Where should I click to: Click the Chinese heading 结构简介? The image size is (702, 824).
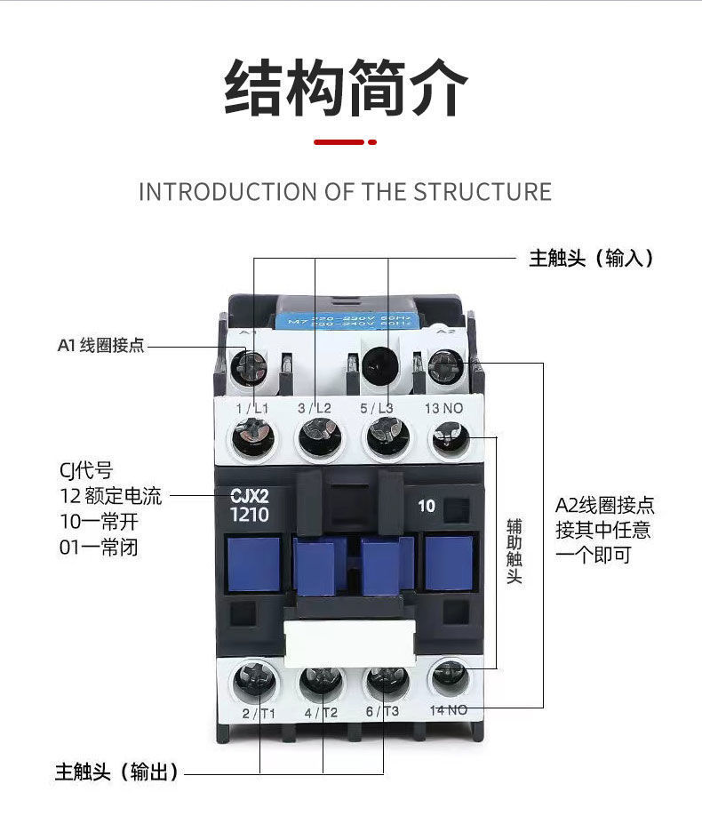[346, 88]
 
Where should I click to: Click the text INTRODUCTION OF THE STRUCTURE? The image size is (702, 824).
[345, 192]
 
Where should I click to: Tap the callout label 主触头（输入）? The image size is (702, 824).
[591, 259]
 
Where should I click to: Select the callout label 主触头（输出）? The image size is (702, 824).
[116, 772]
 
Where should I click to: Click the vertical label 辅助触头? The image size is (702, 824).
[514, 551]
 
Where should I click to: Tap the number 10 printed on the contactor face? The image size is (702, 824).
[427, 506]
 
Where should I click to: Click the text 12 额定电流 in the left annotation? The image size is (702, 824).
[111, 496]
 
